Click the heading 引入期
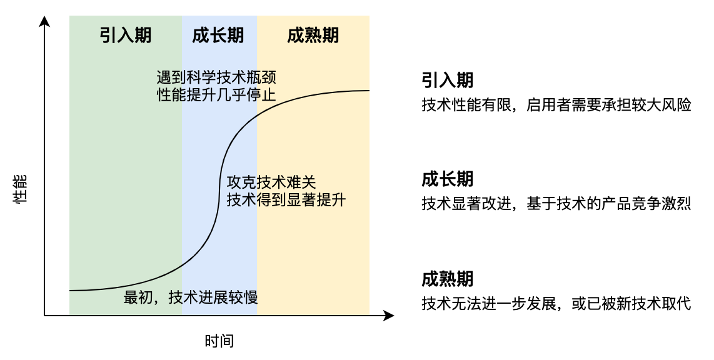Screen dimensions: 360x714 126,36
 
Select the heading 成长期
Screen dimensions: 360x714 218,36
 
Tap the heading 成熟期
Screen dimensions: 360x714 313,36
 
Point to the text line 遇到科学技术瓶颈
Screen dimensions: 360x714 216,77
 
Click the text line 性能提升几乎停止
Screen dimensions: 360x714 216,95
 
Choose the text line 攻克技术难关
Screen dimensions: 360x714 271,183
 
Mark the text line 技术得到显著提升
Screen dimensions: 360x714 286,200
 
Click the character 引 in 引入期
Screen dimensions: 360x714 108,36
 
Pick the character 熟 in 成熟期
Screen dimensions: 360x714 313,36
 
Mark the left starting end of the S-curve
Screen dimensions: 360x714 70,291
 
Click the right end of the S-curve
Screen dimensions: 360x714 369,91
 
